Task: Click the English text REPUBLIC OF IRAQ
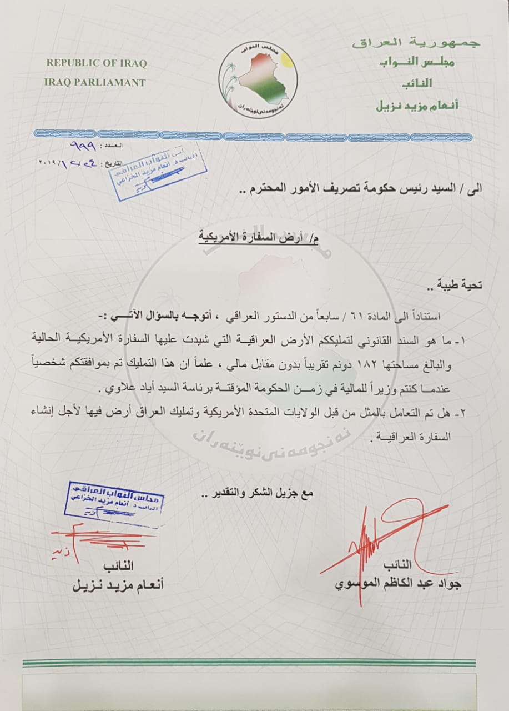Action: [x=96, y=63]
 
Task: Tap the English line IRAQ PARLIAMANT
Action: [x=95, y=82]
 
